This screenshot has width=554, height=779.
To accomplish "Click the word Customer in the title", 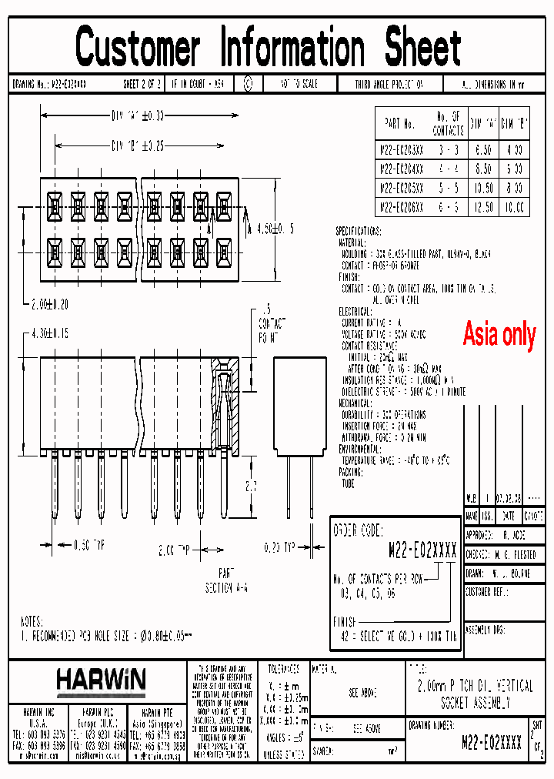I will tap(138, 48).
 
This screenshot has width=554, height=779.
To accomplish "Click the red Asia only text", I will tap(499, 335).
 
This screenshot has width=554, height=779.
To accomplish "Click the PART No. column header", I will tap(399, 124).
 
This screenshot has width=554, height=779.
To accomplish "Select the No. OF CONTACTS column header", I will tap(448, 124).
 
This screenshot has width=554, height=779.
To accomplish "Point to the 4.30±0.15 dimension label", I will tap(50, 333).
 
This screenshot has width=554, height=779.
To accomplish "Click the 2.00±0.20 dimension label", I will tap(49, 304).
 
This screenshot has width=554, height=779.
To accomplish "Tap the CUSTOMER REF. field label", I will tap(488, 593).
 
